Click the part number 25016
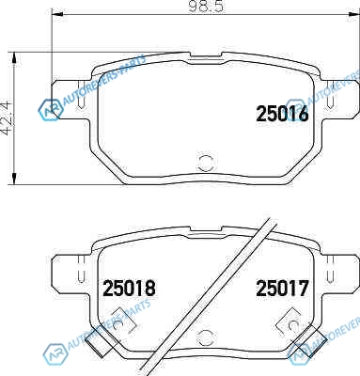pos(282,114)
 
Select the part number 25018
pos(129,289)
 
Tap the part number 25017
pos(282,289)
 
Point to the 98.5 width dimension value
pos(206,7)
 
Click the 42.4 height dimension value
pos(7,117)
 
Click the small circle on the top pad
pos(206,163)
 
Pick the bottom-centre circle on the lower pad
pos(205,337)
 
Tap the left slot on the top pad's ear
pos(81,95)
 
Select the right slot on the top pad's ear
pos(330,95)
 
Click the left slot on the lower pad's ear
pos(81,270)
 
